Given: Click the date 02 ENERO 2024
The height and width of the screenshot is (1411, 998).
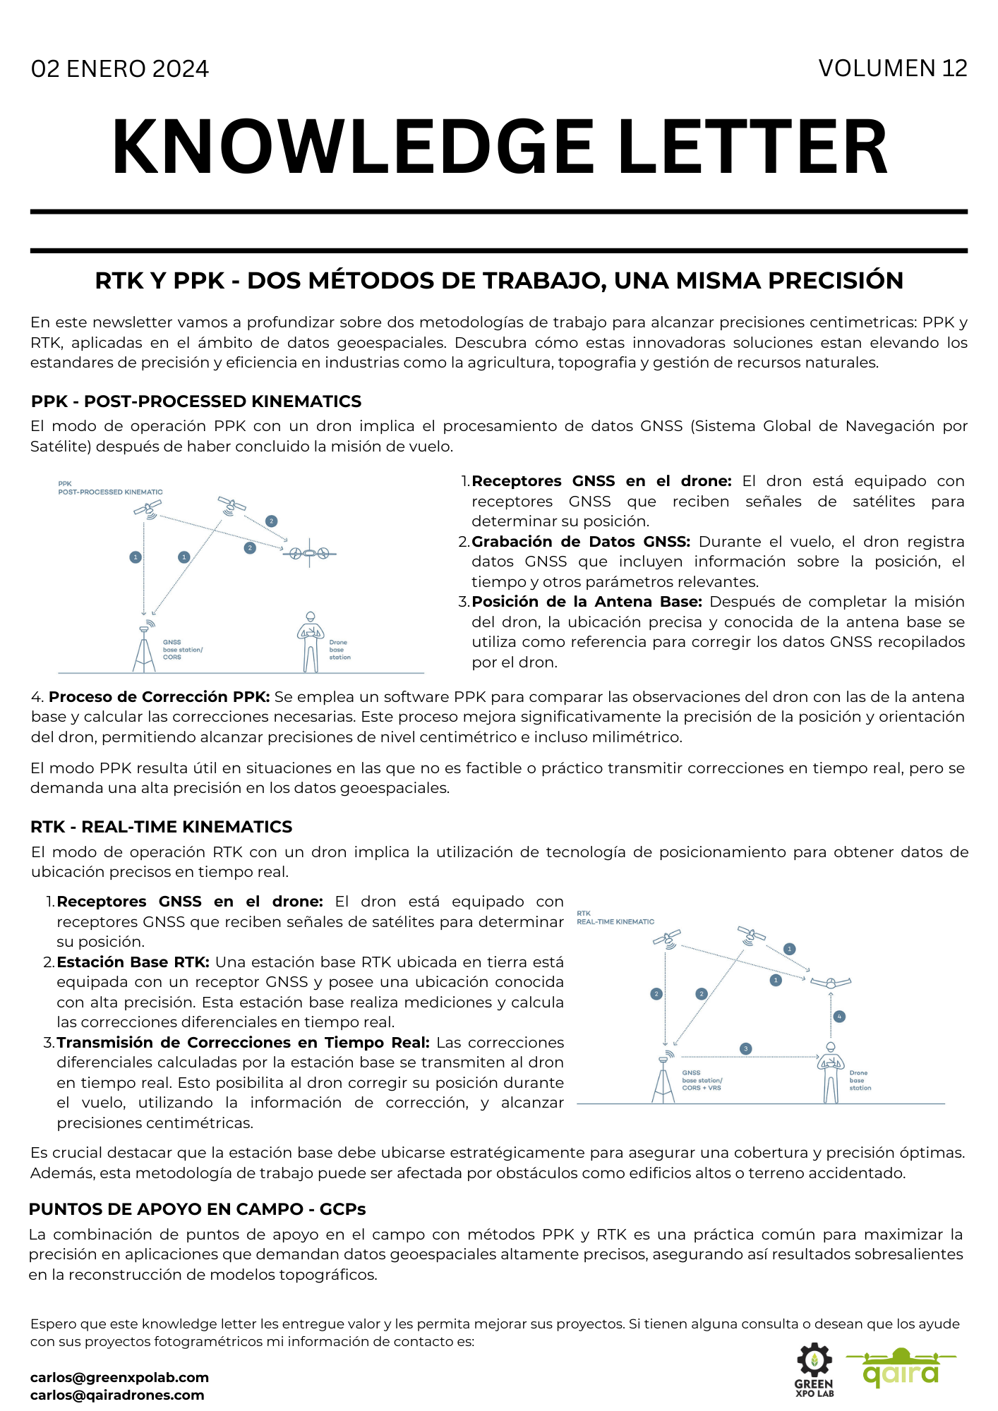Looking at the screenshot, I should click(120, 69).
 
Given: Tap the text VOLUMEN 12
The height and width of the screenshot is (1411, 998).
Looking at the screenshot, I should click(892, 68).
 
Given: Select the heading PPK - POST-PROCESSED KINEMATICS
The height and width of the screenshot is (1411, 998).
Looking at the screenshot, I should click(196, 401).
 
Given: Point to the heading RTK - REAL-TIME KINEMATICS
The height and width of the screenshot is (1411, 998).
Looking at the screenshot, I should click(161, 827).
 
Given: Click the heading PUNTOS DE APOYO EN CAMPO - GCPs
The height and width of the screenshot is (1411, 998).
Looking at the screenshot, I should click(197, 1209).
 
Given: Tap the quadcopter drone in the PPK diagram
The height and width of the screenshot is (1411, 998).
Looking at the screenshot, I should click(310, 554).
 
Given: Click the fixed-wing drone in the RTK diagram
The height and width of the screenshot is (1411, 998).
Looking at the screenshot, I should click(831, 982).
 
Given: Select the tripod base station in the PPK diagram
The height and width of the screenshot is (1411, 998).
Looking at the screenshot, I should click(145, 648).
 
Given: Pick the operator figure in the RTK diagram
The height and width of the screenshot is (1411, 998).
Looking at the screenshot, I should click(830, 1073).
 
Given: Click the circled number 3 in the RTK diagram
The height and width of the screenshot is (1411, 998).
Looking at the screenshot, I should click(745, 1049).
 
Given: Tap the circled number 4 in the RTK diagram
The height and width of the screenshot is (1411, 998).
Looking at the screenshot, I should click(839, 1017).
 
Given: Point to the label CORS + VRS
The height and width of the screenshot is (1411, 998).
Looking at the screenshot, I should click(702, 1088).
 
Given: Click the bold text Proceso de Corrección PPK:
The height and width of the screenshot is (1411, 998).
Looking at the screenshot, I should click(159, 697).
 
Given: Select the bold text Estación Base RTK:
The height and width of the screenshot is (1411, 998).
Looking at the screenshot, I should click(133, 962).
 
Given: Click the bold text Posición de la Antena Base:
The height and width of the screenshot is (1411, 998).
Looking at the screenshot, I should click(587, 602).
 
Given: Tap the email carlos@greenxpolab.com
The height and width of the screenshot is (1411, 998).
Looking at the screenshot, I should click(119, 1377).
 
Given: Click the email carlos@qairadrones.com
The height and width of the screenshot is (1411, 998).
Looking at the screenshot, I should click(117, 1395).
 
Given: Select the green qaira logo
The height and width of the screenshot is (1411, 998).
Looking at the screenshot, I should click(901, 1369).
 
